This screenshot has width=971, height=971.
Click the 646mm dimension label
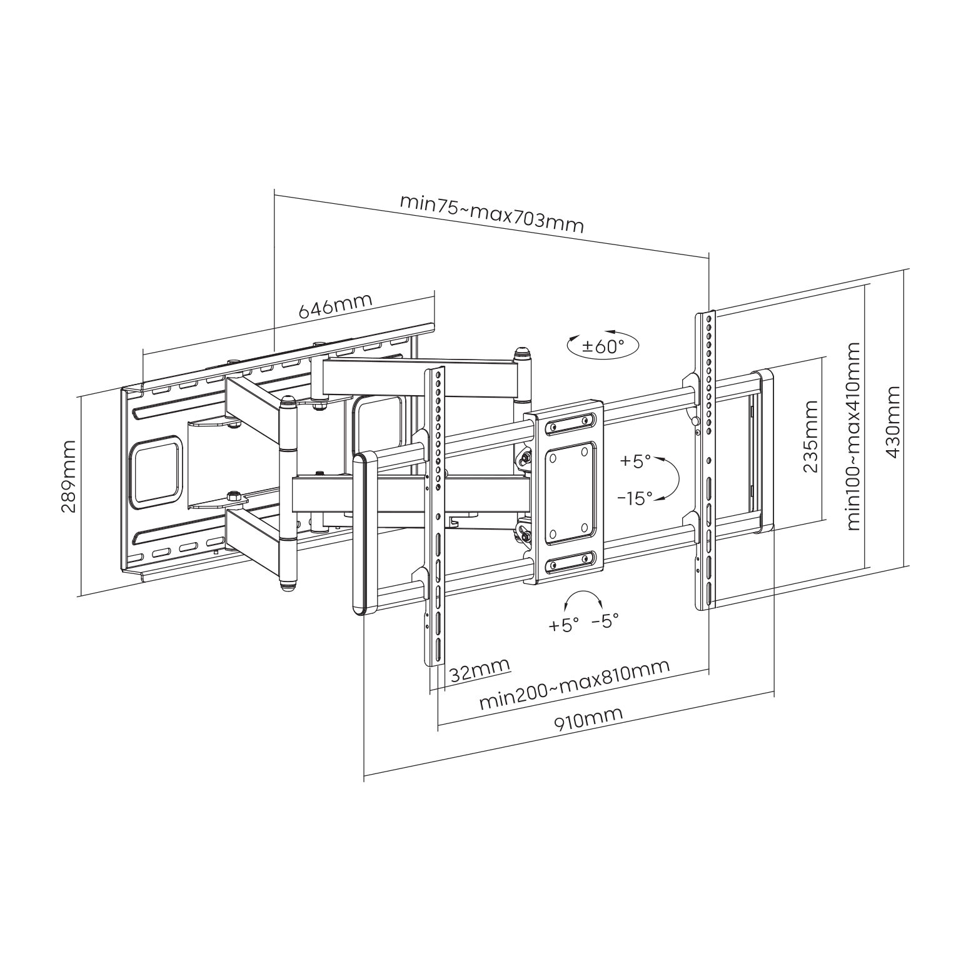tap(335, 305)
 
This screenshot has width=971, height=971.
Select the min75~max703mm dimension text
tap(491, 214)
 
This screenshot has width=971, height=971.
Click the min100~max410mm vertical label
tap(853, 436)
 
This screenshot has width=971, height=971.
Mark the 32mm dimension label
tap(480, 670)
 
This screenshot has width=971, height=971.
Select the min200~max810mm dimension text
tap(575, 683)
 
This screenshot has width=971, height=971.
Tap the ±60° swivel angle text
tap(603, 346)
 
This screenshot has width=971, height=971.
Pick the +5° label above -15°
tap(635, 461)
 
